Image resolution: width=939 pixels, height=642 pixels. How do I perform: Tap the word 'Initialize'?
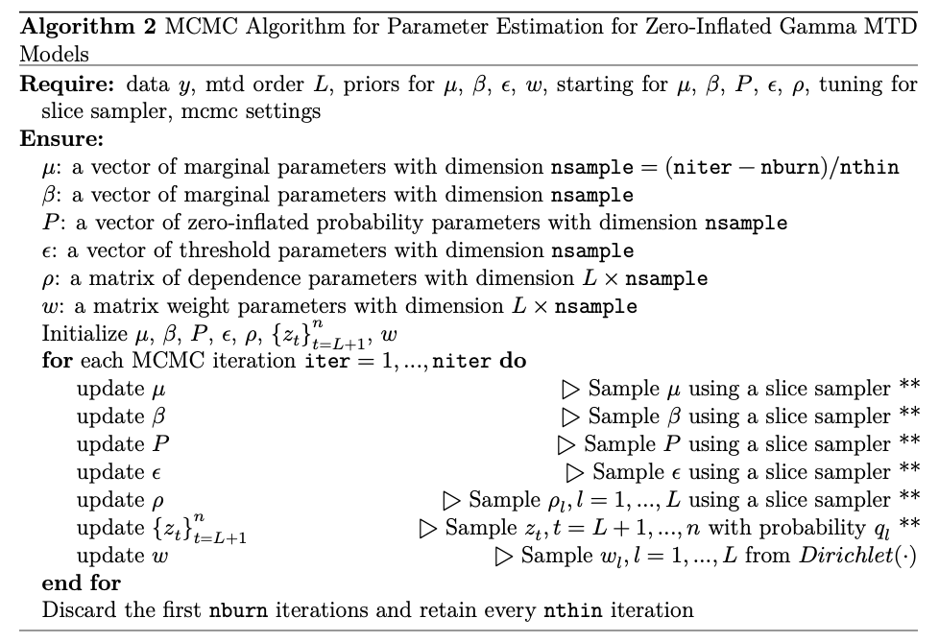point(82,335)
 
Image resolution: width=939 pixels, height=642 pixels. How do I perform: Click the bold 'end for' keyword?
point(81,583)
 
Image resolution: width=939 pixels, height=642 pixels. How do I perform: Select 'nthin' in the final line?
point(569,609)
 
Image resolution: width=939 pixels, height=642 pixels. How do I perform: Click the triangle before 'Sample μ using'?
point(570,390)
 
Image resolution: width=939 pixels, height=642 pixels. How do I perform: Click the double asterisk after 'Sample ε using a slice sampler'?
point(910,470)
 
